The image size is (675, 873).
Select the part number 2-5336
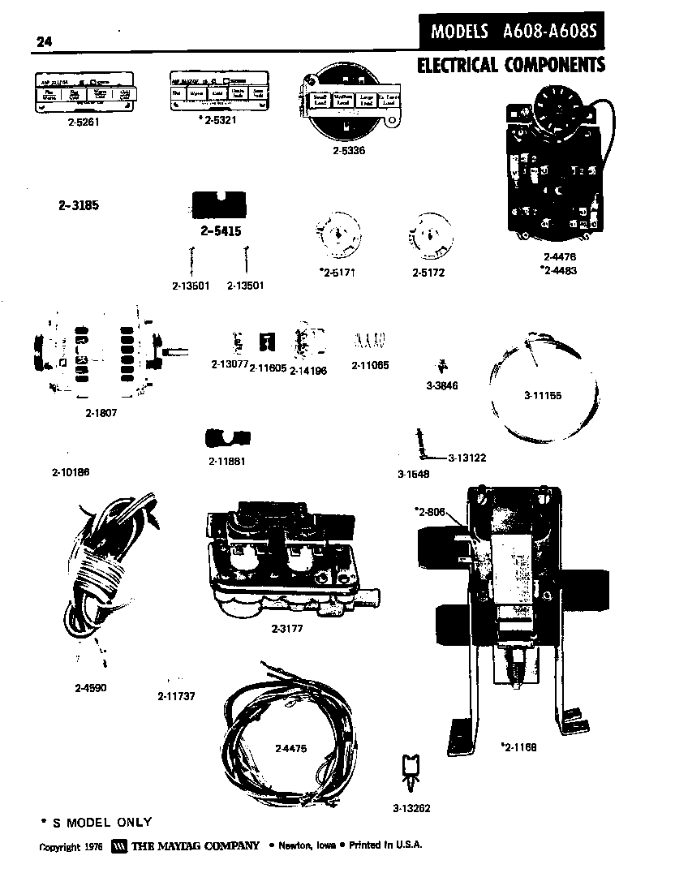(x=349, y=151)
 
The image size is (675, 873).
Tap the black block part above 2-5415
(x=221, y=206)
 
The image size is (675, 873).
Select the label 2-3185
(x=79, y=205)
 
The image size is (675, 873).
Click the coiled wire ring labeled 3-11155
(x=542, y=397)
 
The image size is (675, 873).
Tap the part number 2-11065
(x=370, y=366)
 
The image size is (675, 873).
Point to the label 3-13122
(x=466, y=458)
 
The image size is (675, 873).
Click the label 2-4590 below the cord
(x=90, y=688)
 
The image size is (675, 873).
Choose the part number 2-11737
(x=176, y=696)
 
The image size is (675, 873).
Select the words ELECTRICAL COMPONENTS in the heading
(x=511, y=65)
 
